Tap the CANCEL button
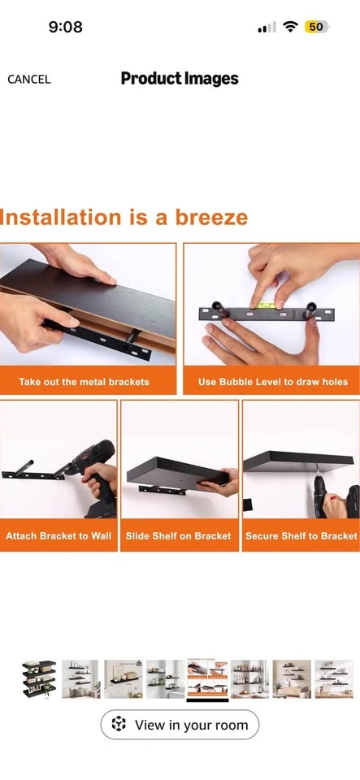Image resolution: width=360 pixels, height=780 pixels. (x=28, y=79)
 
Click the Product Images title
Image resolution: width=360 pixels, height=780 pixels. (x=180, y=79)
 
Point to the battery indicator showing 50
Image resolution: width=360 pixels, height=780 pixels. (x=316, y=27)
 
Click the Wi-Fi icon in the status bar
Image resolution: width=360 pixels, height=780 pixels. (x=290, y=27)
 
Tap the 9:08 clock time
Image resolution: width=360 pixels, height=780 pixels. (x=66, y=27)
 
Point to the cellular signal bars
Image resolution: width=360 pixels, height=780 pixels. (x=267, y=28)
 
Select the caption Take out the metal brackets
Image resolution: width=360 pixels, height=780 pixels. (x=84, y=382)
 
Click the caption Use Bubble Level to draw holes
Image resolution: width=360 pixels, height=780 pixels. (x=272, y=382)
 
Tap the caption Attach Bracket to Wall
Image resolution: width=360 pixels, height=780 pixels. (x=59, y=536)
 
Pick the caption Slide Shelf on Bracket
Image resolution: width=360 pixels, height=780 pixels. (x=179, y=536)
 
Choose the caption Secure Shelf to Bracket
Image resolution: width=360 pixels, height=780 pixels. (x=301, y=536)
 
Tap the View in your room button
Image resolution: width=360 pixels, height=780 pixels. (x=180, y=724)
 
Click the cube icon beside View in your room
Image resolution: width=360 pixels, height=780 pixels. (x=119, y=724)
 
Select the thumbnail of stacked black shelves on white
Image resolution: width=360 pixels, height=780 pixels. (x=39, y=679)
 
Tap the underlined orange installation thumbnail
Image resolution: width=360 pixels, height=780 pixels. (x=207, y=679)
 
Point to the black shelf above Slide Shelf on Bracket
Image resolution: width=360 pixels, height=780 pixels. (x=178, y=473)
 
